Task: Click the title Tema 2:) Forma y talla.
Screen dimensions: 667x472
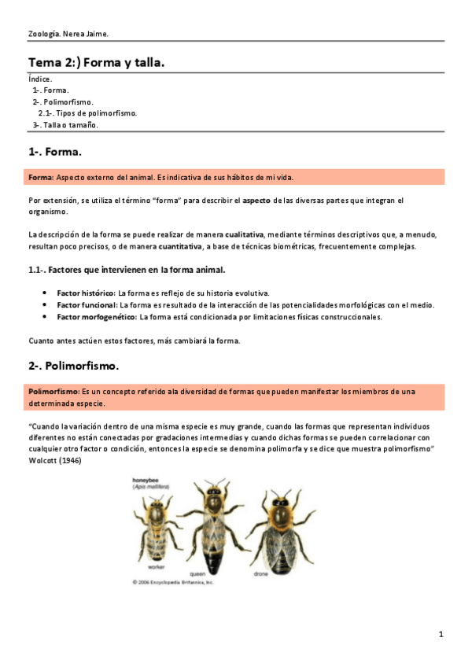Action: click(x=96, y=61)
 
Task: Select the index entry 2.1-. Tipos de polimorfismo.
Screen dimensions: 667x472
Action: click(x=87, y=113)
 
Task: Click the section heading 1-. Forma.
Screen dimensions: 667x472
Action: click(x=55, y=151)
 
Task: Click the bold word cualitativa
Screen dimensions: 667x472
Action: click(x=245, y=234)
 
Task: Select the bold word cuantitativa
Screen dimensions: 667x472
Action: click(x=180, y=246)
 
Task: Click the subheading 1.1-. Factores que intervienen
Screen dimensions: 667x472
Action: click(x=127, y=270)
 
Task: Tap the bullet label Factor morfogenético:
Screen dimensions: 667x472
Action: click(x=97, y=317)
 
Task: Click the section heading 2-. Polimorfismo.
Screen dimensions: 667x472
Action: click(x=73, y=366)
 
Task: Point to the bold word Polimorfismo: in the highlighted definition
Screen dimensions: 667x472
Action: click(x=53, y=392)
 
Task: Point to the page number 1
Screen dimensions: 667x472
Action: click(x=441, y=634)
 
